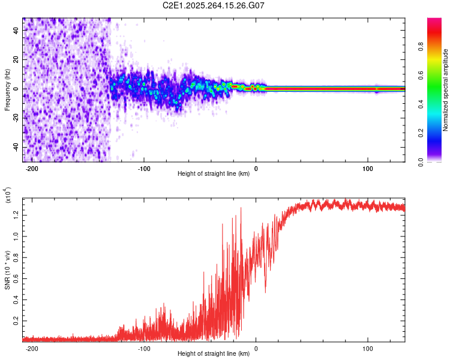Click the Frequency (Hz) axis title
pyautogui.click(x=8, y=89)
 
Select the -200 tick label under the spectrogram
pyautogui.click(x=32, y=167)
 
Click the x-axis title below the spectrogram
pyautogui.click(x=214, y=174)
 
